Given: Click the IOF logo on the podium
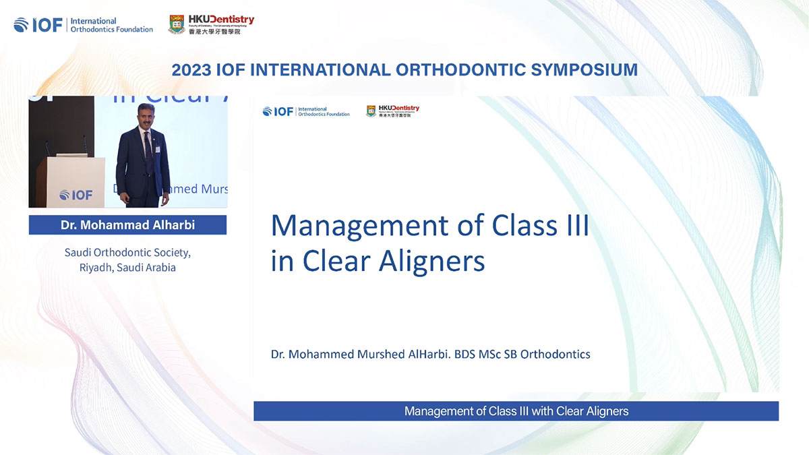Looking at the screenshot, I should point(76,195).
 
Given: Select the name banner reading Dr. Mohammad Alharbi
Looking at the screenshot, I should point(127,225).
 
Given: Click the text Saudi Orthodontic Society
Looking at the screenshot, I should point(127,253).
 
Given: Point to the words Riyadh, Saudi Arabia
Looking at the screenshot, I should point(127,267).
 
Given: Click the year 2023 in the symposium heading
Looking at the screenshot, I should point(191,69).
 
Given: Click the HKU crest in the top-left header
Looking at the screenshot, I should point(177,24).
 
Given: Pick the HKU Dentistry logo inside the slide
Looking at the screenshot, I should point(392,111).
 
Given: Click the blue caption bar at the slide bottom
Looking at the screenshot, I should point(516,411).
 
